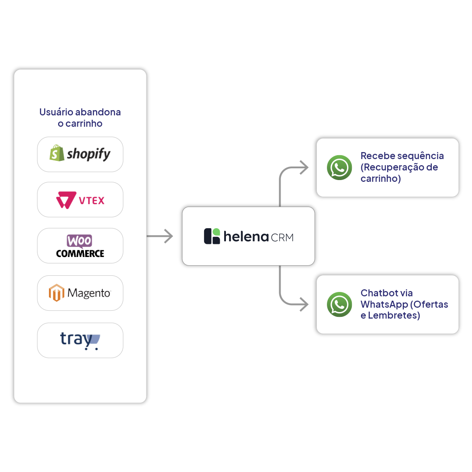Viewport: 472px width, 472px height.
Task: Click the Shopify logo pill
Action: click(x=80, y=154)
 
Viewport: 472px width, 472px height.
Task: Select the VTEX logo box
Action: click(x=80, y=200)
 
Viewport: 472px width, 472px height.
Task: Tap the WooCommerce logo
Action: click(x=80, y=246)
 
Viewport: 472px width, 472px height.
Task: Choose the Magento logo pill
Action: click(x=80, y=293)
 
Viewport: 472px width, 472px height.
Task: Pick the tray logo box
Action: click(x=80, y=340)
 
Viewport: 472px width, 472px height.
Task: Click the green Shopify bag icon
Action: click(x=56, y=153)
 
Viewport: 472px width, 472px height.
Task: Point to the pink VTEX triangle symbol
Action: click(x=66, y=200)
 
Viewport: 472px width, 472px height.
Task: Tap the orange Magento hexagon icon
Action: click(x=56, y=292)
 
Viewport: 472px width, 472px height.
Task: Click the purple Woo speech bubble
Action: click(x=80, y=241)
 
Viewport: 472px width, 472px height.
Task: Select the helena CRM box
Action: click(x=248, y=236)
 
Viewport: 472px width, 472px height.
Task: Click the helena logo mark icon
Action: click(x=212, y=236)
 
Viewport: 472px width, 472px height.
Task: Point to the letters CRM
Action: click(x=282, y=237)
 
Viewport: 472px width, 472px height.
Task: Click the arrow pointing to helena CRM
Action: click(x=160, y=236)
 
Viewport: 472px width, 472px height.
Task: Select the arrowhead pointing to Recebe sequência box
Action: click(x=304, y=167)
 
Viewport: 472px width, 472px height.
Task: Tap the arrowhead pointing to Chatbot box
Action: click(x=304, y=304)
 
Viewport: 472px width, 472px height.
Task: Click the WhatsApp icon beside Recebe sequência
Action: click(x=339, y=167)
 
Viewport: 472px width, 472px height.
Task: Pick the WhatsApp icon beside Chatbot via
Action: click(x=339, y=304)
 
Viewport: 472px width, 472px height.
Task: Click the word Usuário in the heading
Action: click(x=56, y=112)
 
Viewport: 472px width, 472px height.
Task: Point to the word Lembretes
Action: click(x=394, y=316)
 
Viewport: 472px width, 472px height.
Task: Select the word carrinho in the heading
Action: click(x=84, y=123)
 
